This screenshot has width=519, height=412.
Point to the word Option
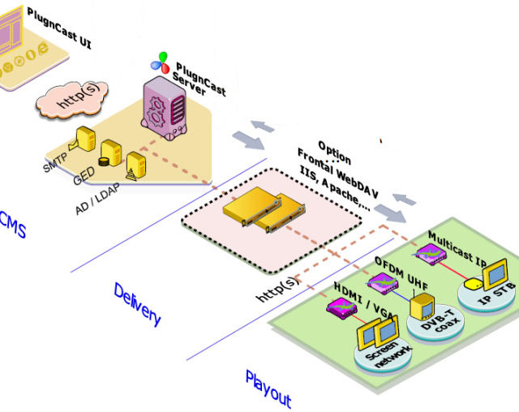pyautogui.click(x=335, y=151)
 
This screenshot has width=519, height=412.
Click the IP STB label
pyautogui.click(x=495, y=296)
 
